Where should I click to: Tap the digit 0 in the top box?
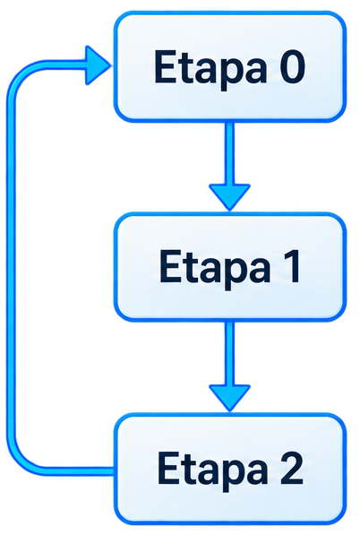[293, 66]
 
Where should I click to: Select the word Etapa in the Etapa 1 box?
[215, 268]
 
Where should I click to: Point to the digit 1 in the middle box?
[291, 266]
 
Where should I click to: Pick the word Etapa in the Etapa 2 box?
[213, 470]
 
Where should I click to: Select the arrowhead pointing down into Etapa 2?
[230, 398]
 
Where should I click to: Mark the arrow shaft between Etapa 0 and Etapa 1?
[230, 153]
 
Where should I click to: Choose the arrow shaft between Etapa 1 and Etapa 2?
[230, 353]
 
